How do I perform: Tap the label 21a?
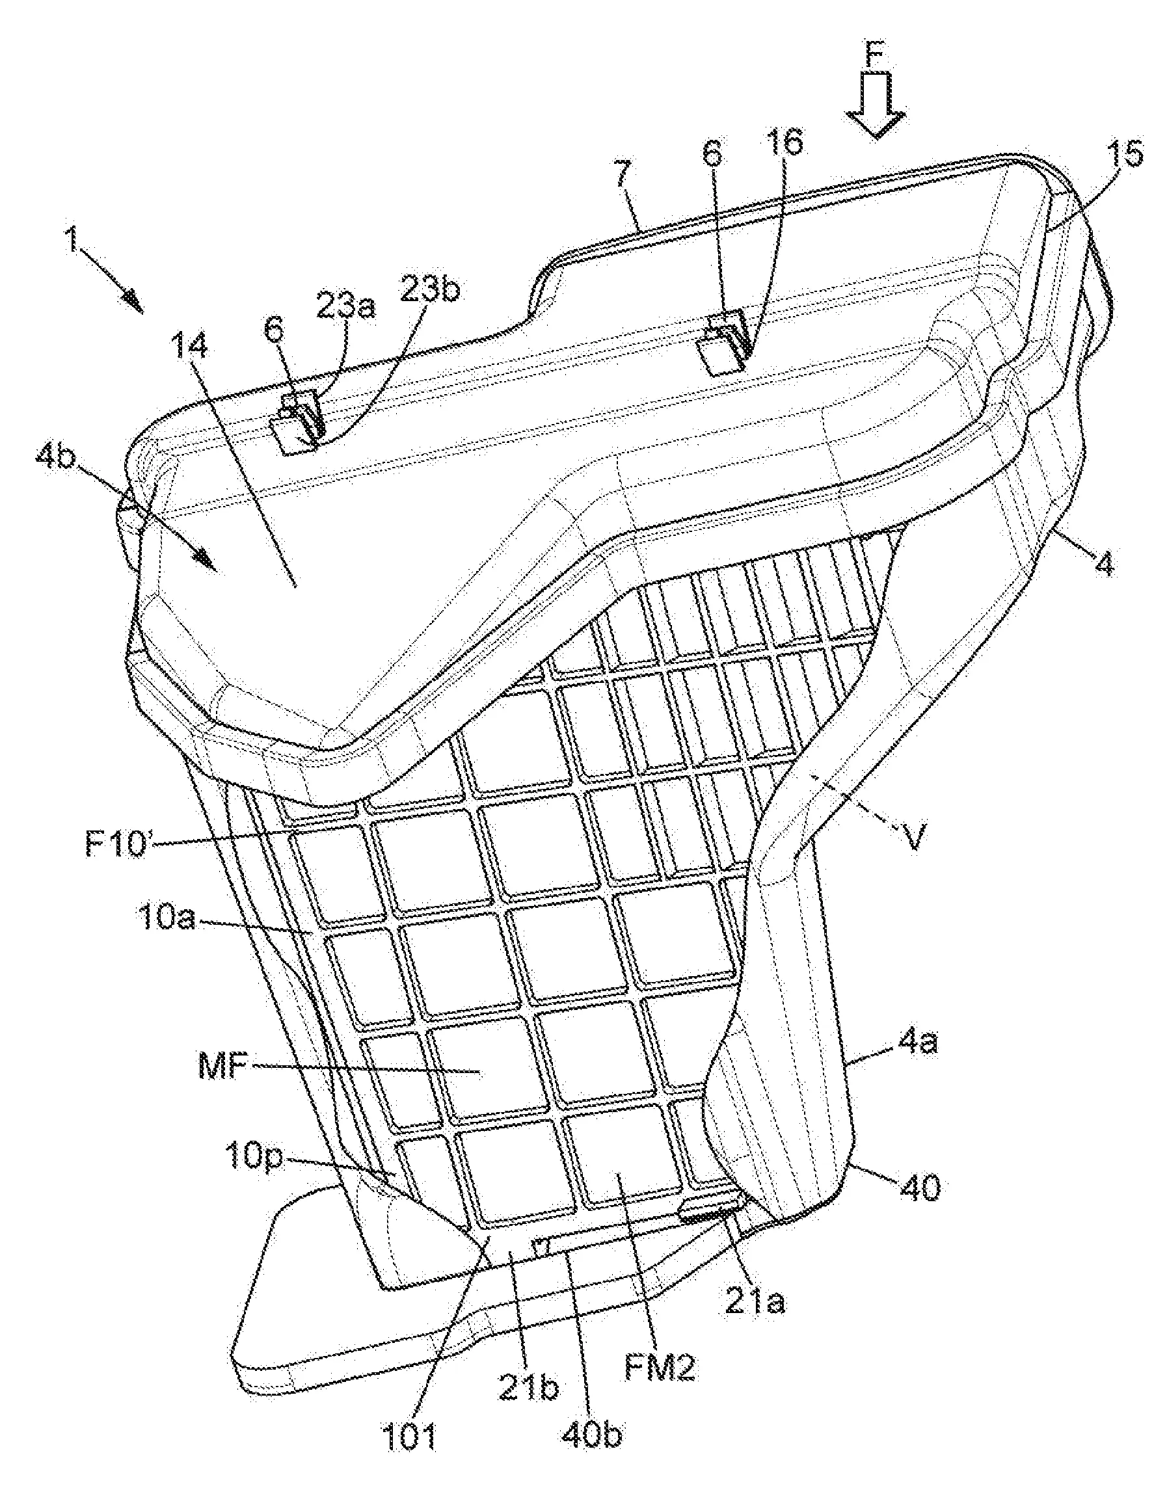coord(755,1302)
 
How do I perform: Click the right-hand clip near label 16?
coord(724,341)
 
